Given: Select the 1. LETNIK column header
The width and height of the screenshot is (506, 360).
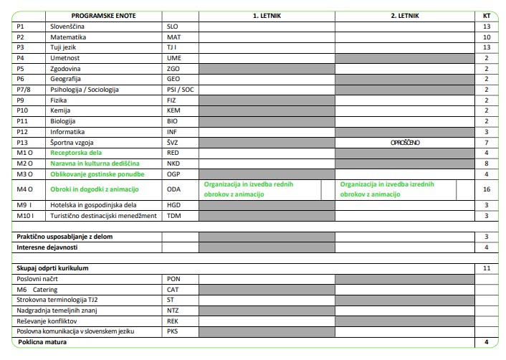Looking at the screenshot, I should tap(266, 14).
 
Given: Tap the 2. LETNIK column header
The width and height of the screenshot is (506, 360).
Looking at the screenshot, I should tap(405, 14).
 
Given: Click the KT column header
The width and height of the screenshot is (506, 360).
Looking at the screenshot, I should tap(487, 14).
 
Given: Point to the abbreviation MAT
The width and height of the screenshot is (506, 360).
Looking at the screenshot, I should tap(173, 36).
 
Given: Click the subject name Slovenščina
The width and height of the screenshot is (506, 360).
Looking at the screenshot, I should tap(67, 25).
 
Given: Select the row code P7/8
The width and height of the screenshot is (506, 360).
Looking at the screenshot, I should tap(24, 90).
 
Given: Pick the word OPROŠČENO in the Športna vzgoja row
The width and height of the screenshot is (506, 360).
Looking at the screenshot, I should tap(405, 142).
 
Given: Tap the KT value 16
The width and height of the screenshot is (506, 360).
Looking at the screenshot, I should tap(487, 189).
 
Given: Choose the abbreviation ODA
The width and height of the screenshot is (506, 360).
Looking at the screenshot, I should tap(173, 189).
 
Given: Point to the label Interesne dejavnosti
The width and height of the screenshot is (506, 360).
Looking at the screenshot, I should tap(49, 247).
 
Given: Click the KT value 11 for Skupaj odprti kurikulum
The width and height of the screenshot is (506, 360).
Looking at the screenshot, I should tap(487, 267).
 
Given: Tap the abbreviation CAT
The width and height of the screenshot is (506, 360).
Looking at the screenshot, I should tap(173, 288).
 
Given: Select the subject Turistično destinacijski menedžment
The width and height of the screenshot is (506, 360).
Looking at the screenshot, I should tap(103, 215).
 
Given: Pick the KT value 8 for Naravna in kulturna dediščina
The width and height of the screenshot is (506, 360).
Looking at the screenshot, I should tap(487, 164).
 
